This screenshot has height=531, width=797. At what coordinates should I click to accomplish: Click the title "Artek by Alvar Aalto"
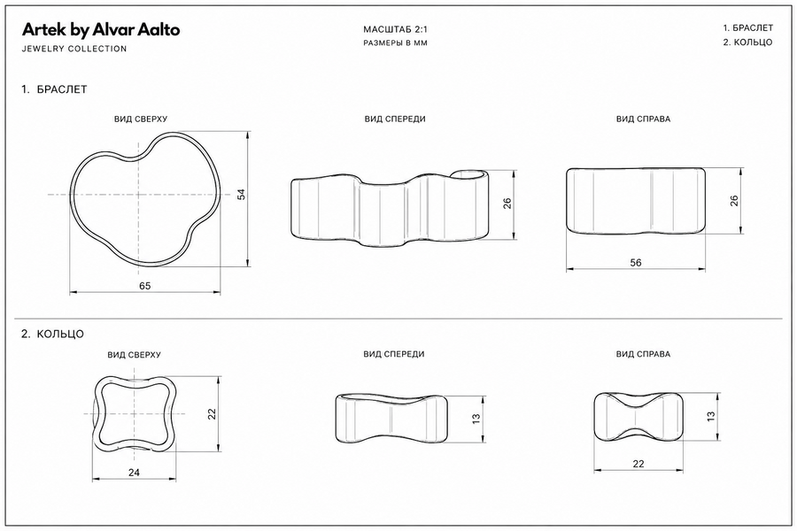click(101, 30)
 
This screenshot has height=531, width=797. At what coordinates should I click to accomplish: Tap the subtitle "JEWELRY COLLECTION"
click(74, 49)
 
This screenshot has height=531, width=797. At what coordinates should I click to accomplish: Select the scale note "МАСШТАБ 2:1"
click(396, 29)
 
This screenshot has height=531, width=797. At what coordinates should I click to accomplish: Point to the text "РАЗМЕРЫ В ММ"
click(396, 43)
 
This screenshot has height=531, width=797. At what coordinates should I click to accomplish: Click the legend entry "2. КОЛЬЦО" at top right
click(747, 42)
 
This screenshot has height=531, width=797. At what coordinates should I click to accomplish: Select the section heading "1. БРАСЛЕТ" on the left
click(54, 89)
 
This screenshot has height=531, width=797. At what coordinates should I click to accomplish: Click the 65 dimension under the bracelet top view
click(145, 286)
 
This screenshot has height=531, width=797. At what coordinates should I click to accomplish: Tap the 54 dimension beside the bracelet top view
click(242, 194)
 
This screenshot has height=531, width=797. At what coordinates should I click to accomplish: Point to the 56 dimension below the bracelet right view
click(635, 263)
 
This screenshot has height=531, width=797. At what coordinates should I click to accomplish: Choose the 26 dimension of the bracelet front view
click(507, 204)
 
